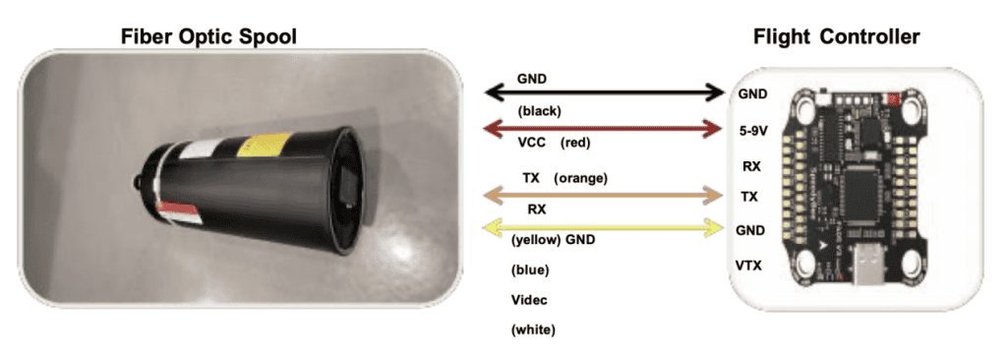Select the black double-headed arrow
tap(605, 93)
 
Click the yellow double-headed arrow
tap(605, 228)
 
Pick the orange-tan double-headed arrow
tap(605, 196)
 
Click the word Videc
tap(531, 300)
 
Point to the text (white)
tap(533, 330)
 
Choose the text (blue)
tap(530, 270)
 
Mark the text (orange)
tap(581, 178)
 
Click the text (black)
tap(538, 111)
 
